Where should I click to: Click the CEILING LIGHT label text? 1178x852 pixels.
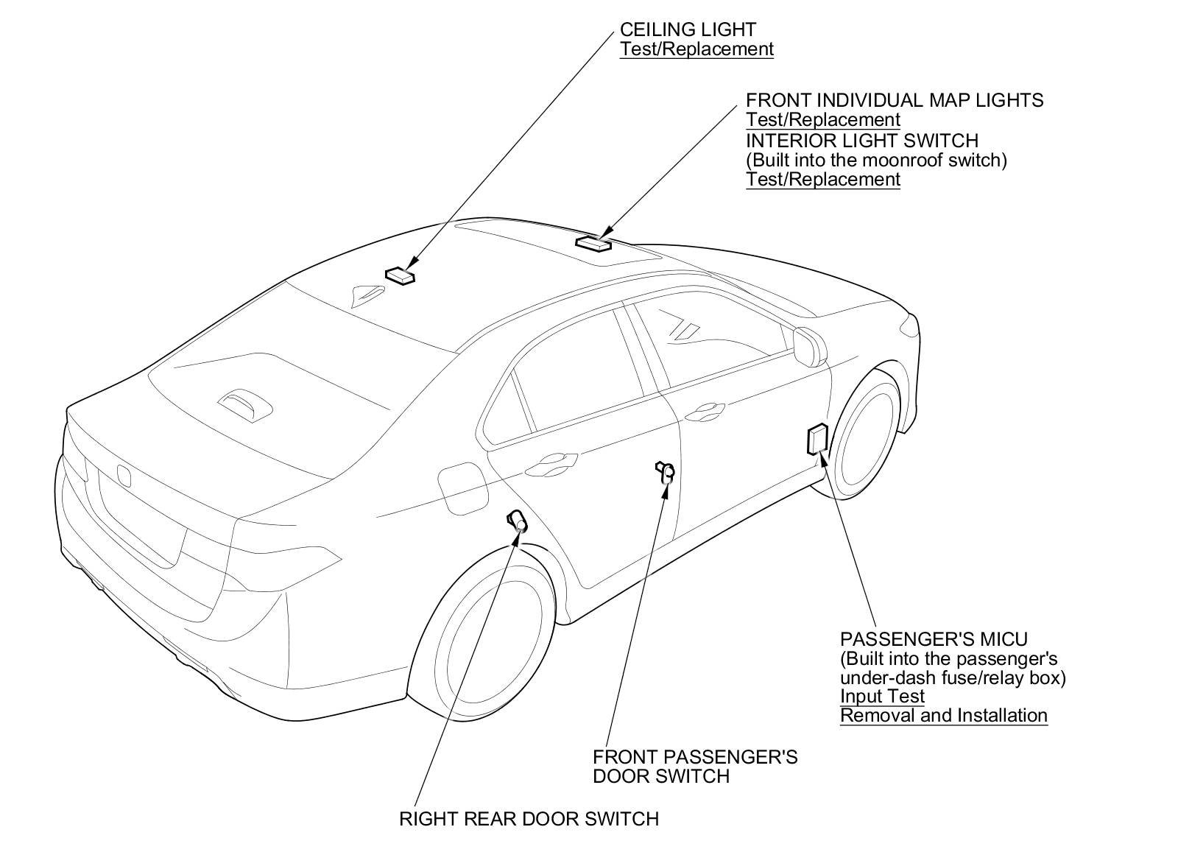click(x=688, y=29)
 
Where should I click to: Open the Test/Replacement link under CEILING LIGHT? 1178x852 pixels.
click(x=696, y=49)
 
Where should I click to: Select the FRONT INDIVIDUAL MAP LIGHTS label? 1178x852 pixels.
click(x=895, y=100)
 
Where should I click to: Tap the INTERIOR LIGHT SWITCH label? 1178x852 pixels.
click(x=862, y=140)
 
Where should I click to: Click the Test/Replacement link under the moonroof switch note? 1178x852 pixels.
click(x=823, y=179)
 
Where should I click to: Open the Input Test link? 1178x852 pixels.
click(x=882, y=696)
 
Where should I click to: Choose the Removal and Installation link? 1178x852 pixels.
click(x=943, y=715)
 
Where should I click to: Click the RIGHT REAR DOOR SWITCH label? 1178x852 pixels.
click(x=529, y=818)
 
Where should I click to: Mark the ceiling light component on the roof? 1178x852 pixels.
click(x=400, y=275)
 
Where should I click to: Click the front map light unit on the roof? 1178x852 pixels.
click(x=593, y=242)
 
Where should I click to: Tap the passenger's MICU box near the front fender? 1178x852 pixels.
click(x=817, y=439)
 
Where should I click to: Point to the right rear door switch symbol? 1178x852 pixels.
click(x=517, y=521)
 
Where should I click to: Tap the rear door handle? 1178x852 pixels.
click(x=550, y=462)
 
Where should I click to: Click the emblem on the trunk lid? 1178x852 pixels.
click(x=123, y=475)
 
